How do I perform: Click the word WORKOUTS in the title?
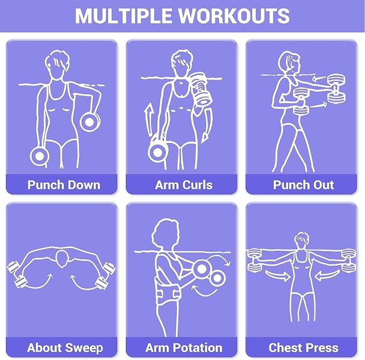pos(234,16)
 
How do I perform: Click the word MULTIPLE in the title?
pos(124,16)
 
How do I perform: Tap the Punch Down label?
pos(64,185)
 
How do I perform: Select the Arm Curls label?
pos(184,185)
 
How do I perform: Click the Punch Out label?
pos(303,185)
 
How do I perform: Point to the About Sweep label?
pos(65,348)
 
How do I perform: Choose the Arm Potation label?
pos(184,348)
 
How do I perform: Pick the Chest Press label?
pos(303,348)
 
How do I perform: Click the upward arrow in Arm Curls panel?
pos(148,120)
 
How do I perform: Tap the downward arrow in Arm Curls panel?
pos(206,128)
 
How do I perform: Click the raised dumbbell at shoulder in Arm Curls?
pos(200,89)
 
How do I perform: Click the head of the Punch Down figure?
pos(58,65)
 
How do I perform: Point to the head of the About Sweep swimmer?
pos(62,259)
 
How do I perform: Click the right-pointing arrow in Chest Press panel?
pos(278,276)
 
